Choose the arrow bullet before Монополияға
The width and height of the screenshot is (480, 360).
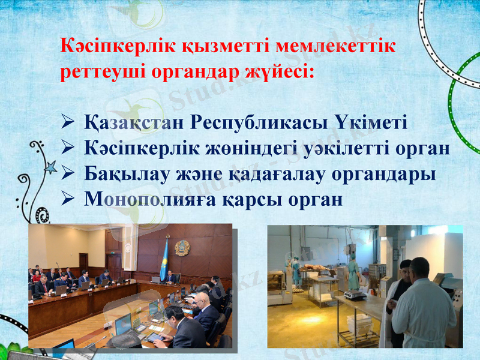pos(68,199)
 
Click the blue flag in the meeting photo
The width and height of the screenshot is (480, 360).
pos(164,259)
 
